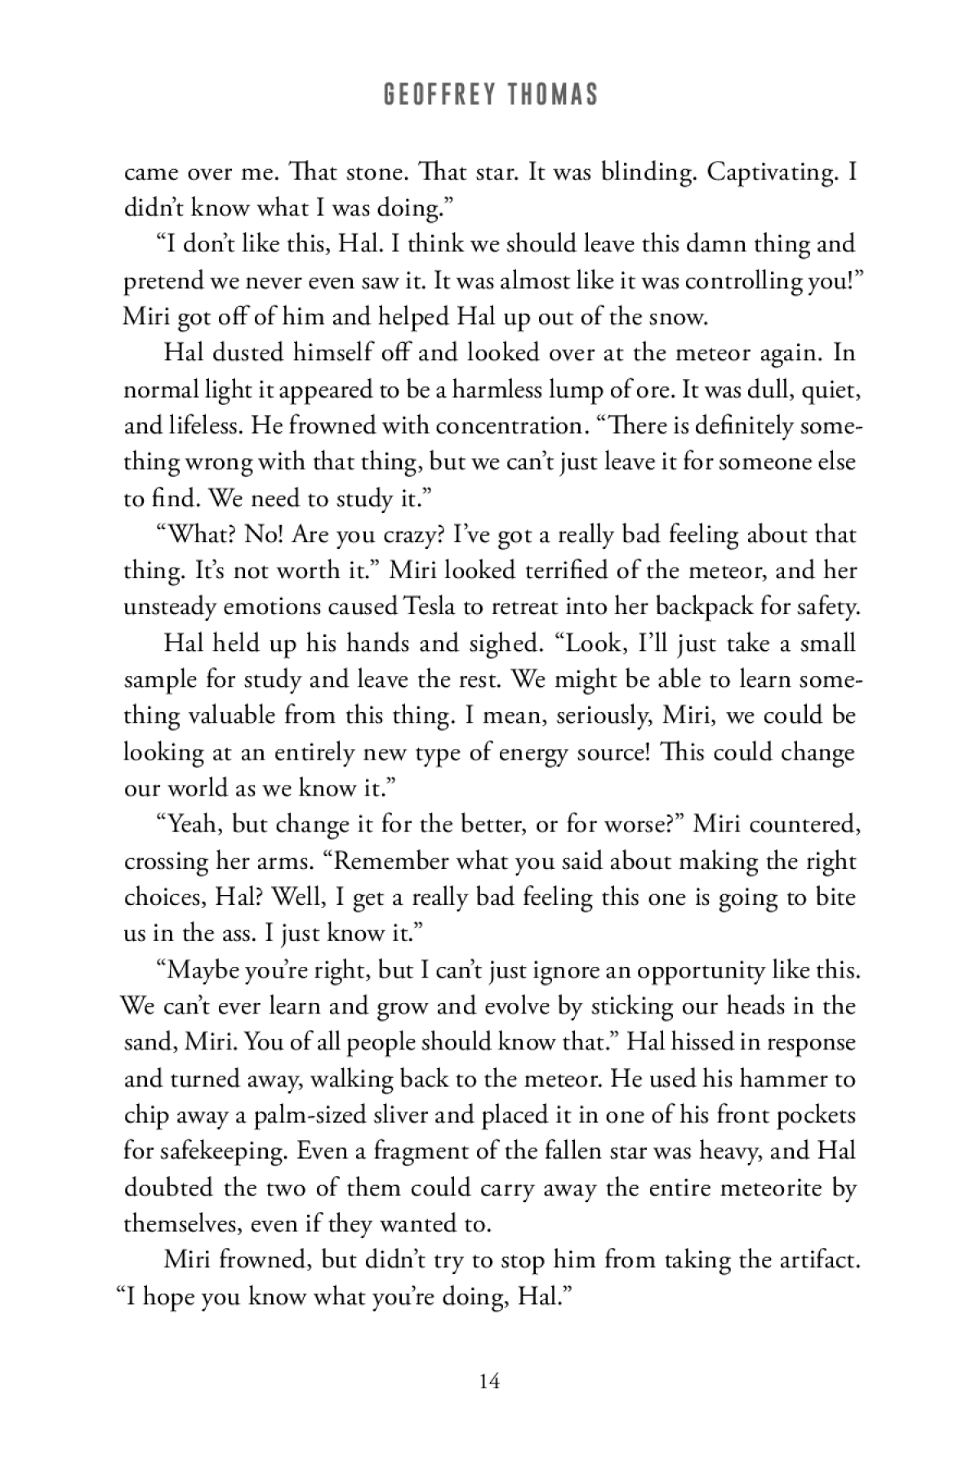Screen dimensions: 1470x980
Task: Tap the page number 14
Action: pos(490,1382)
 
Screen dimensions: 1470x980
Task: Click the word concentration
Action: pos(508,425)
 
